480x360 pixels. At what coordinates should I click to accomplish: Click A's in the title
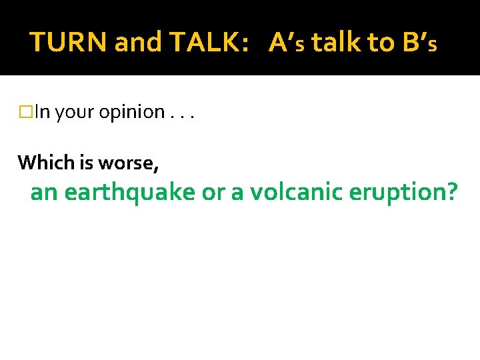pyautogui.click(x=287, y=43)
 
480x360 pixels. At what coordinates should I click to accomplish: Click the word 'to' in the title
pyautogui.click(x=380, y=43)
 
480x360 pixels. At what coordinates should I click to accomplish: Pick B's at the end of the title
pyautogui.click(x=420, y=43)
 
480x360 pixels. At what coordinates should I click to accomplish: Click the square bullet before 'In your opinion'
pyautogui.click(x=26, y=112)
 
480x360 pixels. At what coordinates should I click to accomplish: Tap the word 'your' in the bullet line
pyautogui.click(x=75, y=112)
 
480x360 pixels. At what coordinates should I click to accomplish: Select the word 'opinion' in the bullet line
pyautogui.click(x=131, y=112)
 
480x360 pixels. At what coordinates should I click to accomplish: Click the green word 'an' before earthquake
pyautogui.click(x=45, y=193)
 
